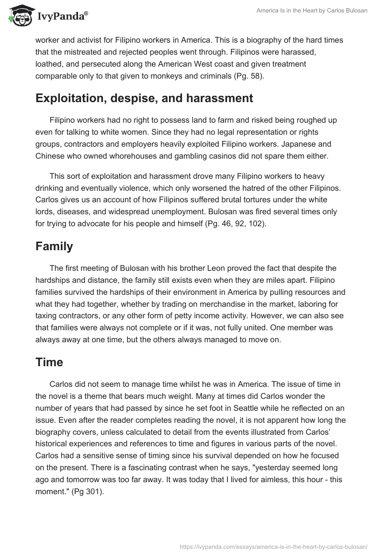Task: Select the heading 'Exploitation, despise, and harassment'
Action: click(144, 98)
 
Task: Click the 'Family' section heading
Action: click(54, 246)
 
